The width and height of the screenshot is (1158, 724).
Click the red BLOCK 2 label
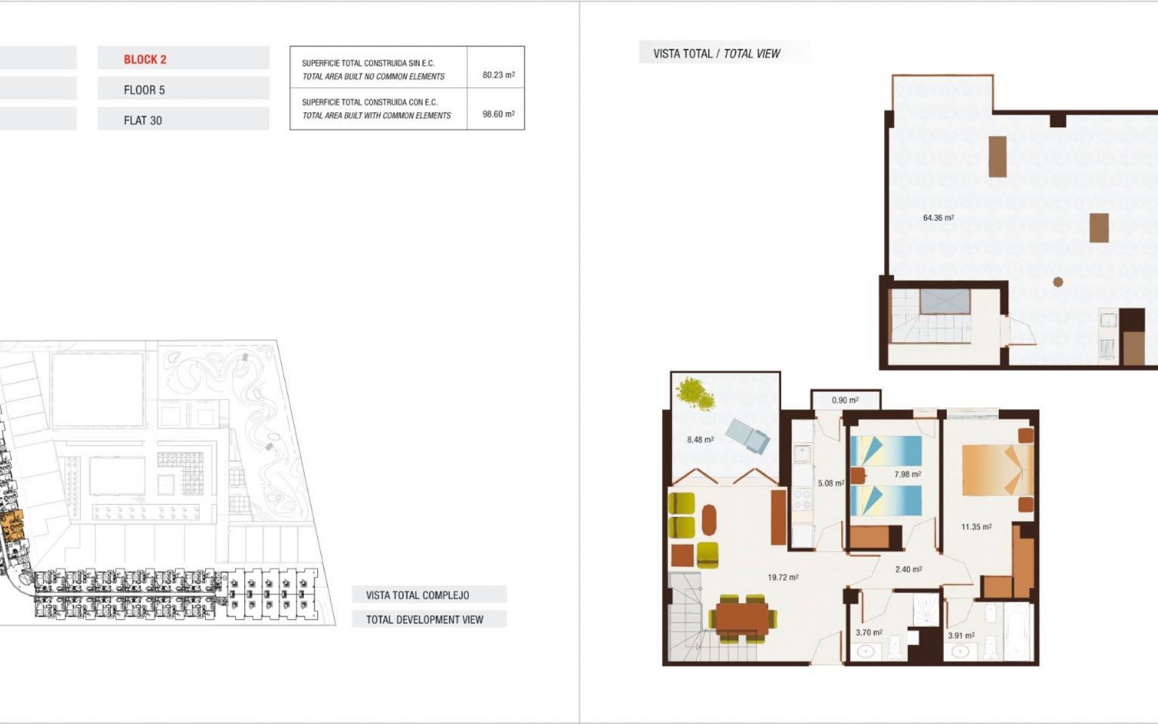(x=145, y=59)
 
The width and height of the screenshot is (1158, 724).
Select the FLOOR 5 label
(x=144, y=90)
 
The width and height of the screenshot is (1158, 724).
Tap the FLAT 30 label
(x=143, y=121)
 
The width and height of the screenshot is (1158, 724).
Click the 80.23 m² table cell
(x=498, y=75)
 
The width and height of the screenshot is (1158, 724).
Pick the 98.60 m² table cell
(x=498, y=114)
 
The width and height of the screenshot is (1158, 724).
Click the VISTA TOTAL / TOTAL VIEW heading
(x=717, y=54)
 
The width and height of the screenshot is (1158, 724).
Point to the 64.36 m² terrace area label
(x=938, y=218)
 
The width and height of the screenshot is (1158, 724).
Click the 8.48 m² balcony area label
(x=700, y=440)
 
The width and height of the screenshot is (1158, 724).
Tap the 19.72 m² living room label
(x=783, y=577)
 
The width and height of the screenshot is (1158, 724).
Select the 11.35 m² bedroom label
(x=976, y=527)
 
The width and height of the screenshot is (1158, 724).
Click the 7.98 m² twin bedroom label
(x=907, y=474)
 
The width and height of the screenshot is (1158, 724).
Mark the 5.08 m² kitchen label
(x=831, y=483)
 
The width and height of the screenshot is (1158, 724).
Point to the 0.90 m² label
(x=845, y=400)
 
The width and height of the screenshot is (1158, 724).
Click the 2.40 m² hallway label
(x=908, y=569)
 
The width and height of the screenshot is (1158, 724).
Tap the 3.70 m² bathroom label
(x=868, y=633)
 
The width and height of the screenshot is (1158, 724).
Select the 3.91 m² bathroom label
(x=961, y=635)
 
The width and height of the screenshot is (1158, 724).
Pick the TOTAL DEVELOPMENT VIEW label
(x=425, y=620)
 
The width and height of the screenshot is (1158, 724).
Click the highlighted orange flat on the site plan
(x=12, y=524)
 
